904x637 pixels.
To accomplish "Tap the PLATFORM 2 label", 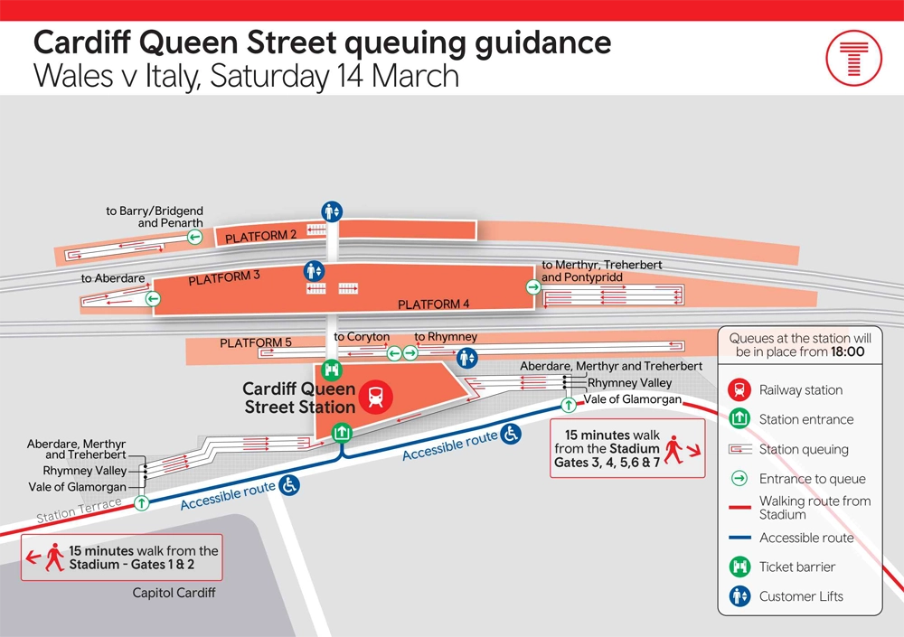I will pos(261,237).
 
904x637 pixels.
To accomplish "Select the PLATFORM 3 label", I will pos(224,278).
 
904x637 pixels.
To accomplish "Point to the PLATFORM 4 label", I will pos(434,304).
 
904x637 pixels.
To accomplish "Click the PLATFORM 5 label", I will pos(256,343).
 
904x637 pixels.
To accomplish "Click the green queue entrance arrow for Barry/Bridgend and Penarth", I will pos(194,237).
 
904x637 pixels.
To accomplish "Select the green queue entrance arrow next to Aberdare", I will pos(153,299).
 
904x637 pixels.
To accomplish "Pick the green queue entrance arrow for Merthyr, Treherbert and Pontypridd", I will pos(533,286).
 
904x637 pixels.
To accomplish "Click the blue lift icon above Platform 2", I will pos(333,211).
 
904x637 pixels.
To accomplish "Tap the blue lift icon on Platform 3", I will pos(314,270).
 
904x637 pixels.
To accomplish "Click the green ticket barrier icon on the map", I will pos(332,369).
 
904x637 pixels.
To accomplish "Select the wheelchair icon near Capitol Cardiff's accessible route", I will pos(290,485).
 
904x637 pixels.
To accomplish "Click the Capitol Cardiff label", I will pos(174,594).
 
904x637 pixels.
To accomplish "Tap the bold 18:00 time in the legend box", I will pos(847,352).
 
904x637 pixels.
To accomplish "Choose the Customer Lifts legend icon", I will pos(739,596).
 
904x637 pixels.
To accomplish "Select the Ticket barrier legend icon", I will pos(739,567).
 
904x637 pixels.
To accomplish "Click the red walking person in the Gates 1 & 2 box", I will pos(55,556).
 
